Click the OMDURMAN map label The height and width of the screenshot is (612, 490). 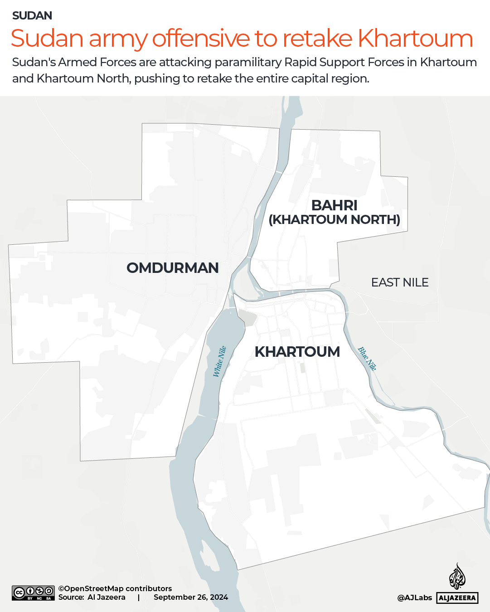click(x=173, y=268)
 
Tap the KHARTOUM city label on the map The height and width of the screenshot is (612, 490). click(x=297, y=352)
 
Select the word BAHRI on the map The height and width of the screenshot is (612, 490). click(x=335, y=205)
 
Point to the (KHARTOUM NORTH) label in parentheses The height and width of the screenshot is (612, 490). click(x=335, y=220)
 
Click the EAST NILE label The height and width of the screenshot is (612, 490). click(x=400, y=282)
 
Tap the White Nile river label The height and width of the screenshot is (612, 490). click(x=220, y=361)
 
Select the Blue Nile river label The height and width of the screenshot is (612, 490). click(x=367, y=359)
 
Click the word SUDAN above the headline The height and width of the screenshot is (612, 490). click(x=32, y=16)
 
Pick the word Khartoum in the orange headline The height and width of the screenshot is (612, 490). click(x=415, y=39)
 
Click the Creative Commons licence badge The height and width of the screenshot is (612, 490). click(x=33, y=593)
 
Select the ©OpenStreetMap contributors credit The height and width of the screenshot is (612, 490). click(x=115, y=588)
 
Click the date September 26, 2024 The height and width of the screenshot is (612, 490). click(x=191, y=597)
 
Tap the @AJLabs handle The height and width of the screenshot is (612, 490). click(x=415, y=598)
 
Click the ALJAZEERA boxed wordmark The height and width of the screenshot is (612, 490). click(x=457, y=598)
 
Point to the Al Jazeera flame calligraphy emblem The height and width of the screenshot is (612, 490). click(x=457, y=577)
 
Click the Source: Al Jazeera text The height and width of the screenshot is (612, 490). click(x=92, y=597)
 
